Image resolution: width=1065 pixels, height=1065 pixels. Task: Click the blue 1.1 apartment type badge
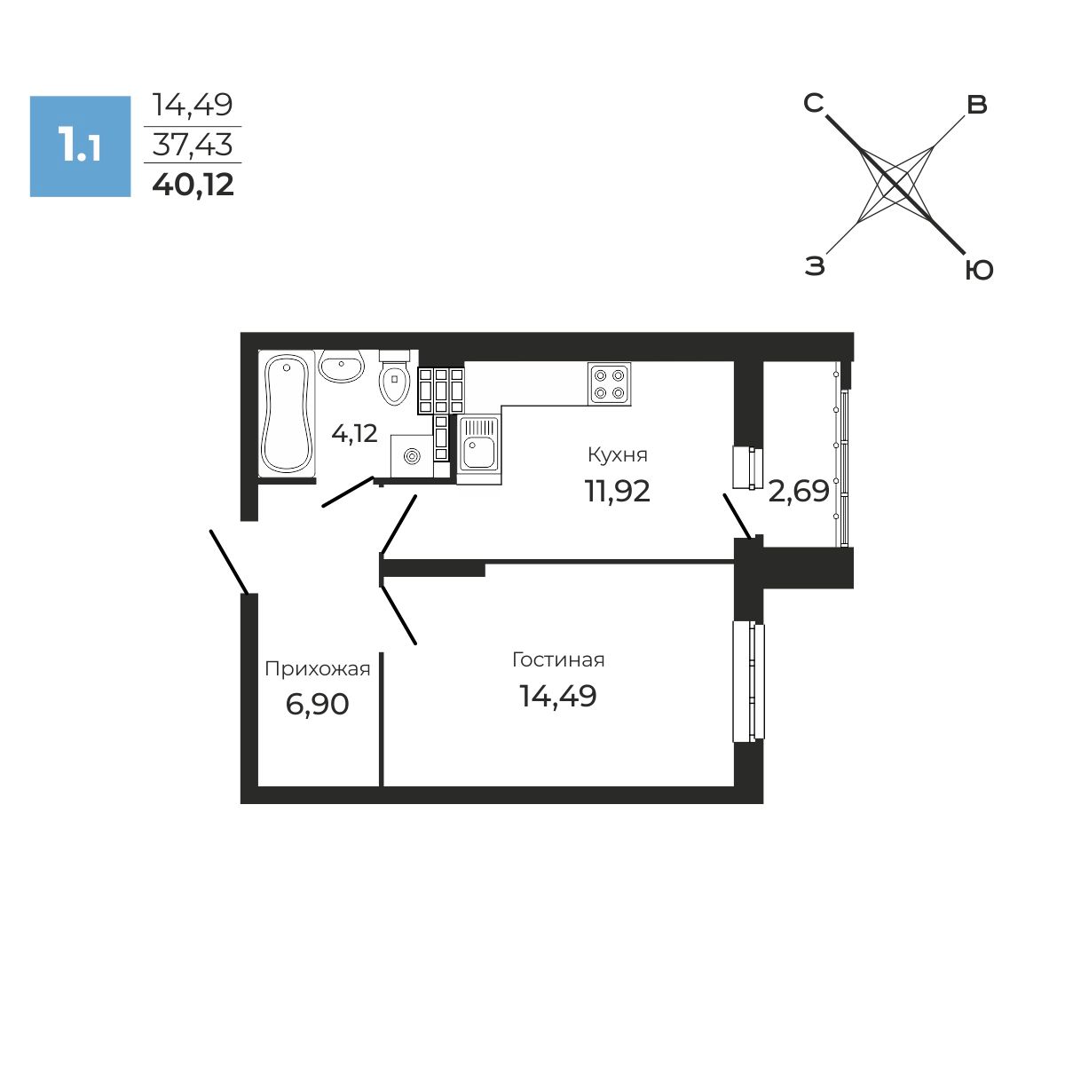click(80, 146)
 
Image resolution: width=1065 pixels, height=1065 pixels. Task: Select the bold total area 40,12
click(193, 185)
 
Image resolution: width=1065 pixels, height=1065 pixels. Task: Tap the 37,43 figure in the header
click(193, 145)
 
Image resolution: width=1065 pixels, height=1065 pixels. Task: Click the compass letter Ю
click(979, 271)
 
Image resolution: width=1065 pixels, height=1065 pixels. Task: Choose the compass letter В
click(976, 105)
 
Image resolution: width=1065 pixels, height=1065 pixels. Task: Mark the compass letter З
click(815, 266)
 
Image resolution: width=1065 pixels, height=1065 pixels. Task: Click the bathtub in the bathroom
click(287, 414)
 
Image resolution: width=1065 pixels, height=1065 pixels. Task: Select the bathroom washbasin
click(341, 366)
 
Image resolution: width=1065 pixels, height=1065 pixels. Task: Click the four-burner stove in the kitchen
click(609, 384)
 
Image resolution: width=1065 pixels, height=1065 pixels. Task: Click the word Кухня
click(618, 455)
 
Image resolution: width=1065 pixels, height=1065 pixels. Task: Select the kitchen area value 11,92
click(618, 491)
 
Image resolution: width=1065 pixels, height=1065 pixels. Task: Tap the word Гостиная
click(558, 659)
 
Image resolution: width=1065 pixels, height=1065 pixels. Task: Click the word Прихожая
click(317, 669)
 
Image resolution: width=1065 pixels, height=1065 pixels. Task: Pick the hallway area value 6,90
click(317, 705)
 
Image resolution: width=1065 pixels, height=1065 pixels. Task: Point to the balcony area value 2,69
click(799, 491)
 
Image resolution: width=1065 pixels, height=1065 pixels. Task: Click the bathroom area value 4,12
click(354, 434)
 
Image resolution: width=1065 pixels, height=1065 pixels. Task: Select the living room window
click(749, 681)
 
